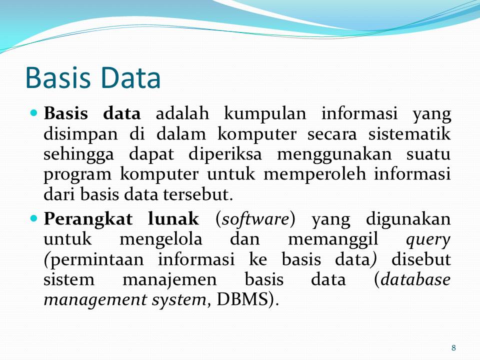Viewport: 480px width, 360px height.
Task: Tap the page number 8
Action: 453,348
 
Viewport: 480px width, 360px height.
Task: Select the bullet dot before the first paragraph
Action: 34,113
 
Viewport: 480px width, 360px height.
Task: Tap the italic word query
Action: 428,240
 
